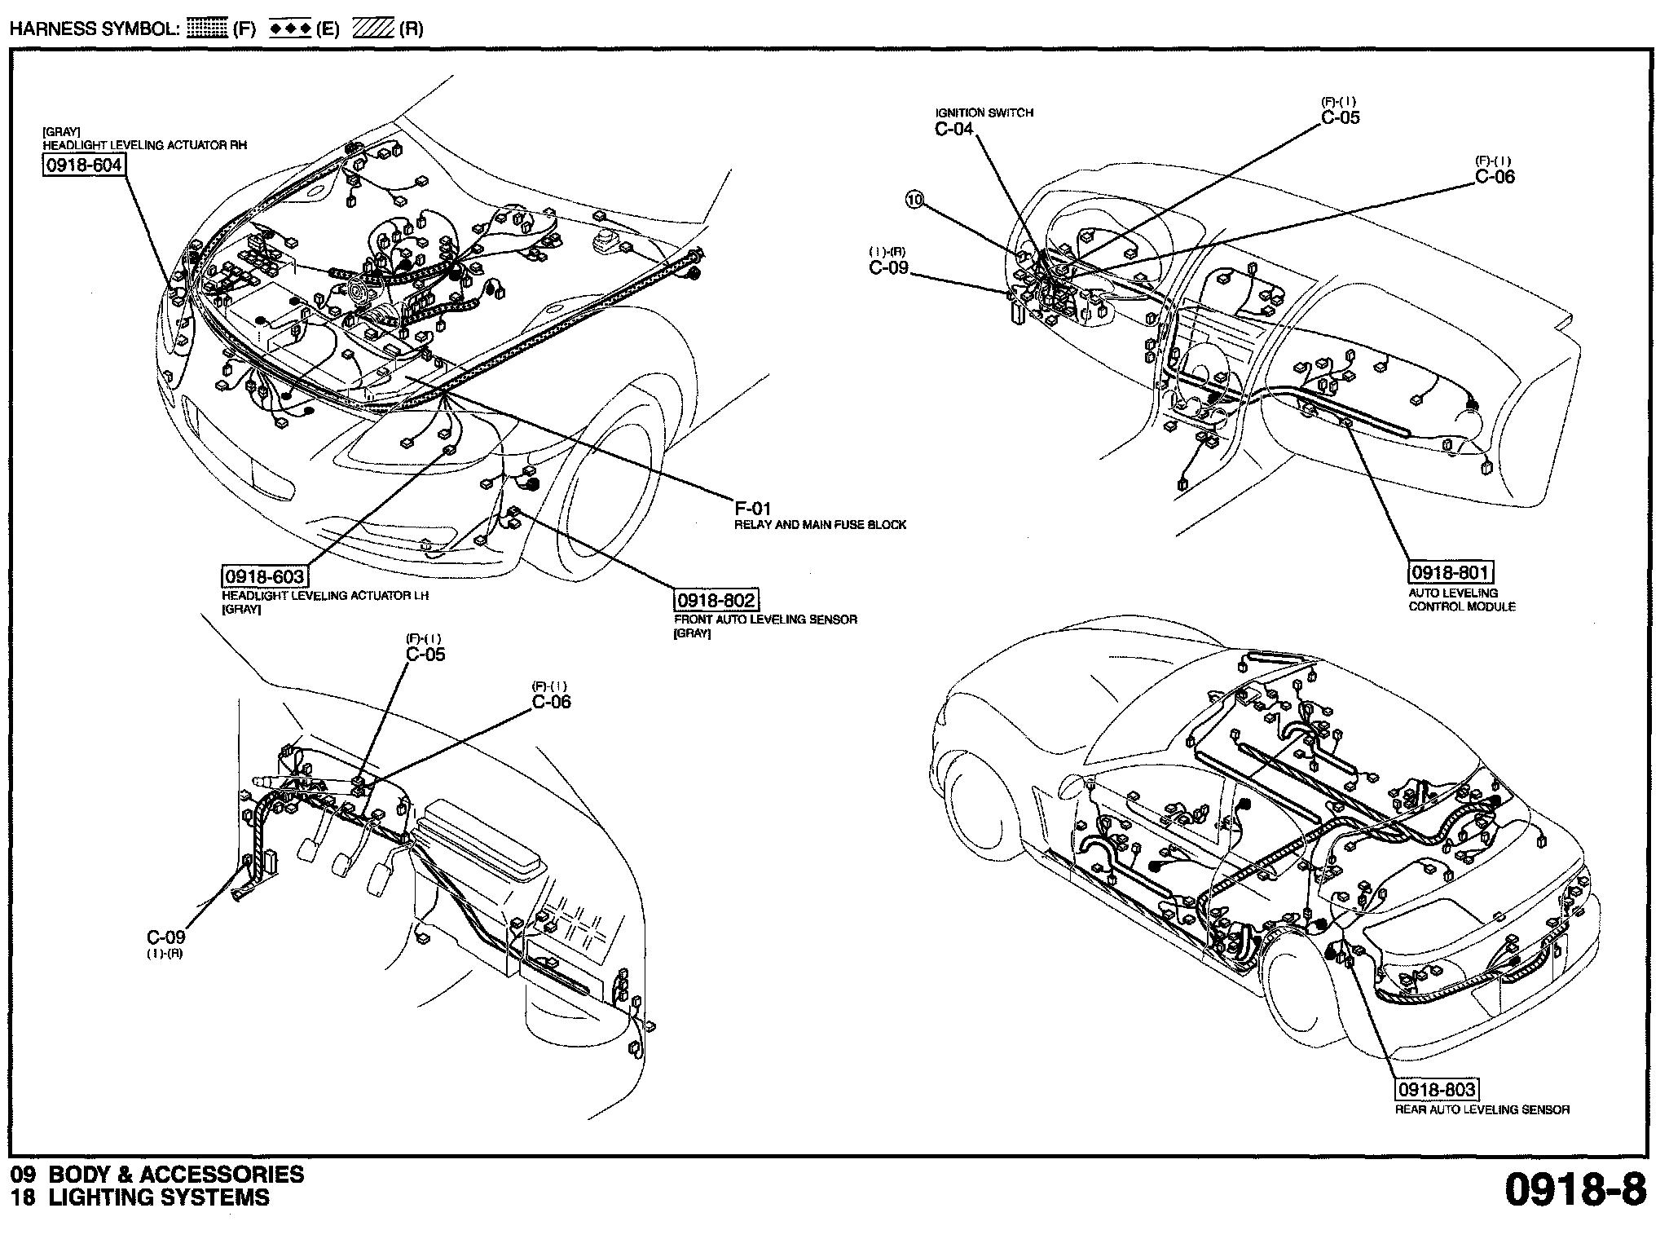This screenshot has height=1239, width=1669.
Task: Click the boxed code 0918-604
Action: (83, 165)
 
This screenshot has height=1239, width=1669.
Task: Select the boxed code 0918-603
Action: (264, 576)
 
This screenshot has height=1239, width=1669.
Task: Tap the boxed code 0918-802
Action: (716, 601)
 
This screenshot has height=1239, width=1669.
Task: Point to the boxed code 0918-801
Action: (1451, 572)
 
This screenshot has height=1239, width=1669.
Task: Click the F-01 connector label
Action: (752, 509)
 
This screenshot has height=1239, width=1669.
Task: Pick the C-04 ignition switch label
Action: (954, 129)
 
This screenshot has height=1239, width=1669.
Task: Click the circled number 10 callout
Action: (915, 200)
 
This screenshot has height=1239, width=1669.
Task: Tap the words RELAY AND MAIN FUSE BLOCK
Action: (820, 525)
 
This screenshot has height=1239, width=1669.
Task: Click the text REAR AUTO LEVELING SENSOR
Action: (1482, 1109)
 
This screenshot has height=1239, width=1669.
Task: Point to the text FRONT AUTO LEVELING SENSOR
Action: (765, 619)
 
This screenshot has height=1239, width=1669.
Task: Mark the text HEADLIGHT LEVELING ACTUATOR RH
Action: (145, 145)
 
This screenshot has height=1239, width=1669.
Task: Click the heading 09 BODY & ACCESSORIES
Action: (157, 1175)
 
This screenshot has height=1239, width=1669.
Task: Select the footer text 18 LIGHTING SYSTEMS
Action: (140, 1197)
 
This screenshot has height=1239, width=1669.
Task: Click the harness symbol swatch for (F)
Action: (207, 29)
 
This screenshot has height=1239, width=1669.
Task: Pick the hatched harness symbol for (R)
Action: (373, 29)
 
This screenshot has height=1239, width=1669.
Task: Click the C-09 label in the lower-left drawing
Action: (165, 937)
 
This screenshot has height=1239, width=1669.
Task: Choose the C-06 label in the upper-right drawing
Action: (1495, 177)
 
